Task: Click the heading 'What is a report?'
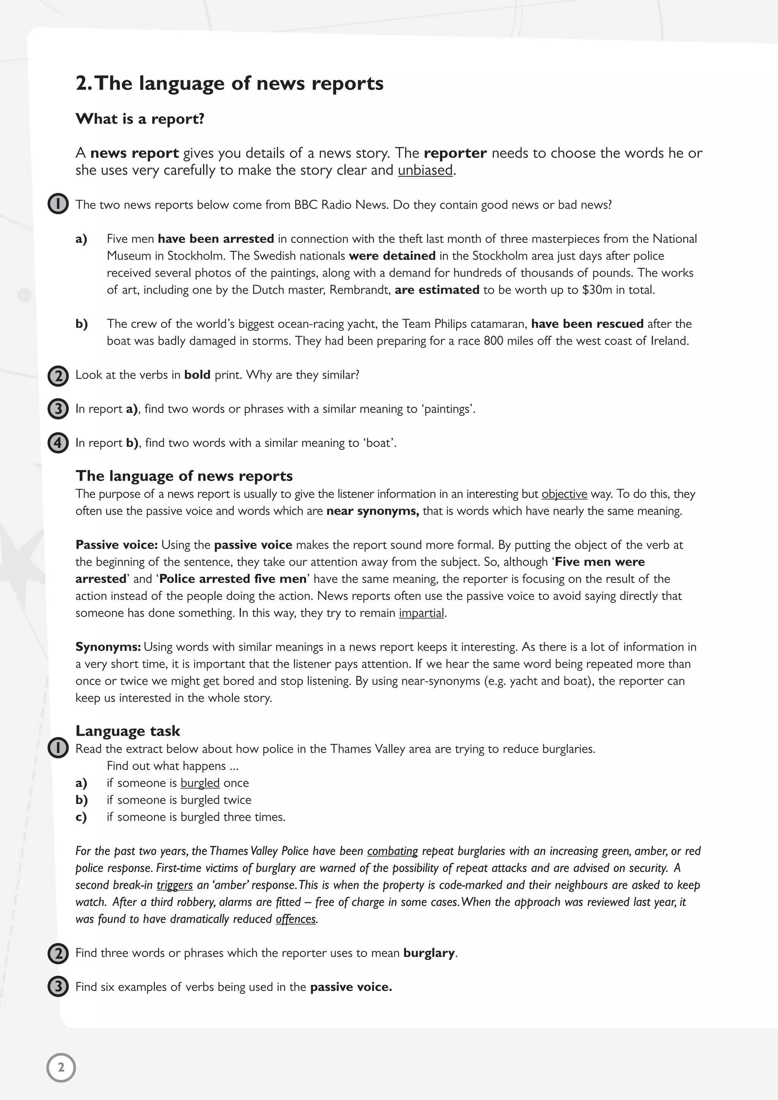pos(140,119)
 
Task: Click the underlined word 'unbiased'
pos(425,170)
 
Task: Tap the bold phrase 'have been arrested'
pos(215,239)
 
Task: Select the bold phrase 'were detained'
pos(392,256)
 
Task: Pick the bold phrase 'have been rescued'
pos(587,324)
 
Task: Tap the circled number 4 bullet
pos(58,443)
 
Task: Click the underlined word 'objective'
pos(564,494)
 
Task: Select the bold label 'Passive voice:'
pos(116,545)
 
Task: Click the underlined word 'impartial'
pos(421,613)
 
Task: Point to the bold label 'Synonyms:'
pos(108,647)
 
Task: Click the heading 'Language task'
pos(127,731)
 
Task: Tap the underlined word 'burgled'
pos(200,783)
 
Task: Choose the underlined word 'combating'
pos(392,851)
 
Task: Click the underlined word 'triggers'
pos(174,885)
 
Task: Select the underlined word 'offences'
pos(296,919)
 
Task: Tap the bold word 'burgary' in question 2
pos(429,953)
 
